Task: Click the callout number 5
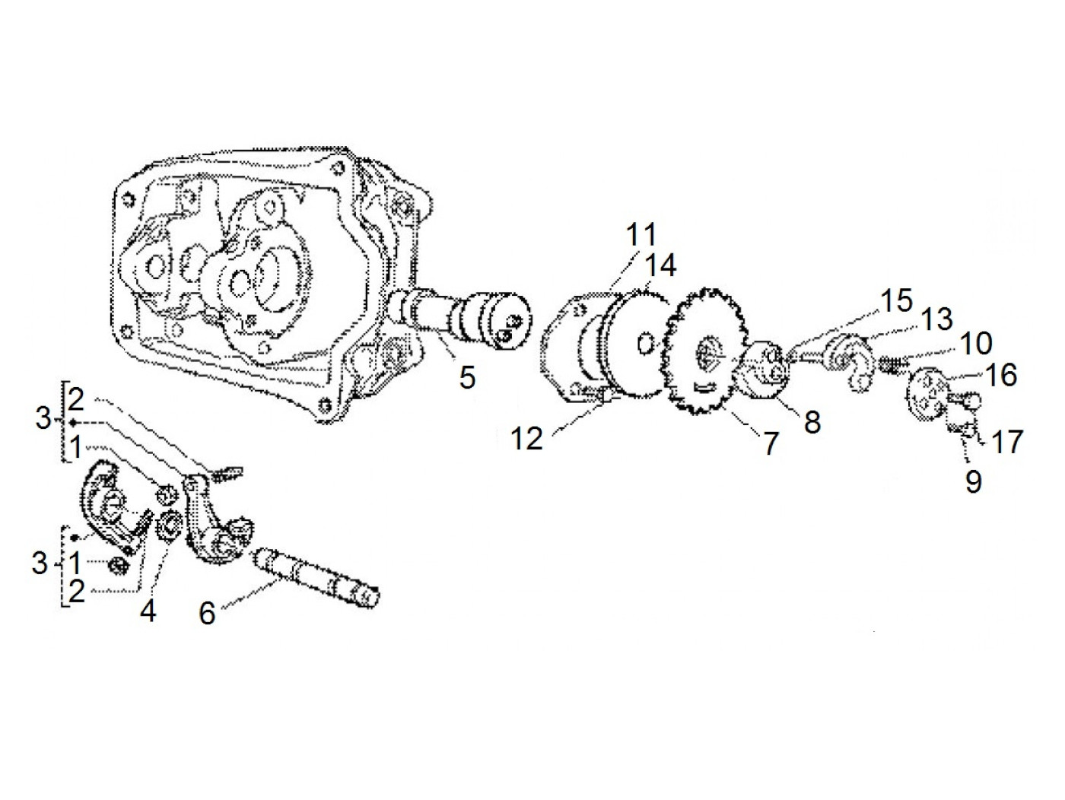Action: (x=466, y=376)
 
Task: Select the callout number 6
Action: (x=208, y=612)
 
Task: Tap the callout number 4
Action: (x=148, y=609)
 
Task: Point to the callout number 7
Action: (x=771, y=443)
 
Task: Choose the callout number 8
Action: (x=812, y=422)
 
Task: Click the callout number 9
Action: (x=973, y=481)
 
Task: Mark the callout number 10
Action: (x=977, y=344)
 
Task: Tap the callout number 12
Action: (x=527, y=439)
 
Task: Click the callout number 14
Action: (x=660, y=265)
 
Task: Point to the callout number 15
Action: (x=898, y=301)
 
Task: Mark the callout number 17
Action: (x=1009, y=441)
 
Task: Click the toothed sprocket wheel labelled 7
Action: (x=703, y=354)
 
